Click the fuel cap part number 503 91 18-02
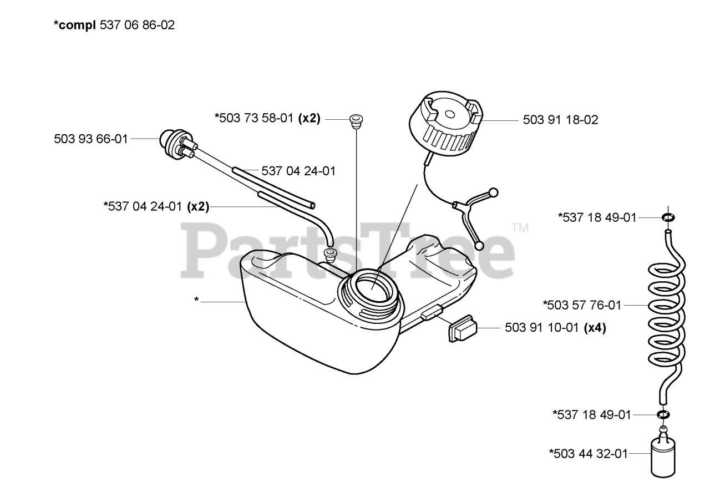(x=560, y=120)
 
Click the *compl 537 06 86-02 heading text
(x=114, y=25)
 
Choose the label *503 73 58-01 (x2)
(x=267, y=118)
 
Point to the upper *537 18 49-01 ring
(x=668, y=217)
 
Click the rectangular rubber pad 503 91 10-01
(x=461, y=329)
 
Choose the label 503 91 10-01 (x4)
(x=555, y=328)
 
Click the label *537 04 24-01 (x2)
(x=156, y=206)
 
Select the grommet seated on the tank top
(x=329, y=256)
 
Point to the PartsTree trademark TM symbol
(x=520, y=227)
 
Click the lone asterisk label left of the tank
(x=196, y=300)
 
